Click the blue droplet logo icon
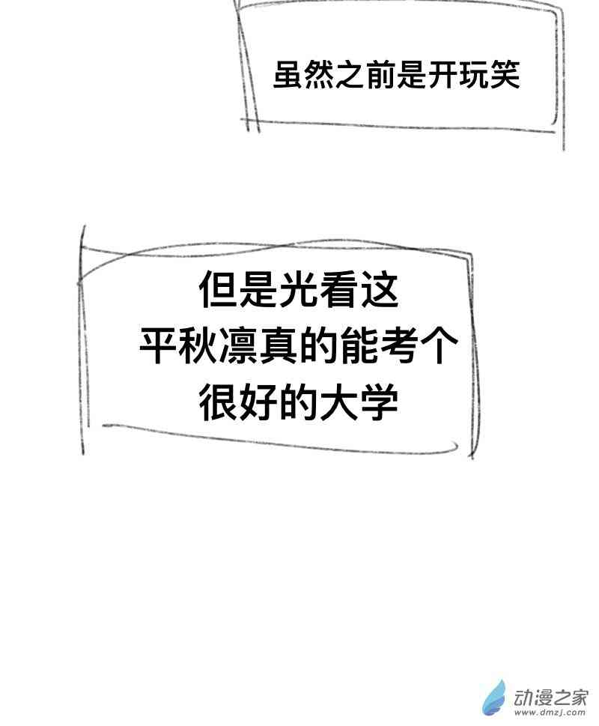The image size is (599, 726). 494,699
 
